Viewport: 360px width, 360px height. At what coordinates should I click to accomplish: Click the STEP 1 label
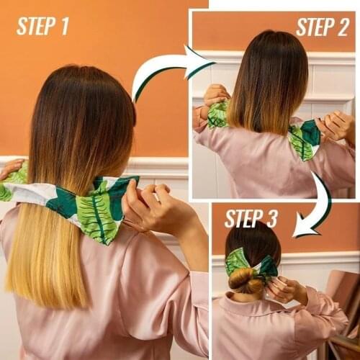(42, 27)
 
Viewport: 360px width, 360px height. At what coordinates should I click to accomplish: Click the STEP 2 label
(322, 27)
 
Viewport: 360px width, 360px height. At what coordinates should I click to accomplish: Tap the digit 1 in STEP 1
(64, 27)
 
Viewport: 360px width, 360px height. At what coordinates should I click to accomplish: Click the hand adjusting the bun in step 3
(284, 289)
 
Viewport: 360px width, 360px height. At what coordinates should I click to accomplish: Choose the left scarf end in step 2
(217, 115)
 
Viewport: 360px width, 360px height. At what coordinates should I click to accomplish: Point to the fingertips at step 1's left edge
(11, 168)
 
